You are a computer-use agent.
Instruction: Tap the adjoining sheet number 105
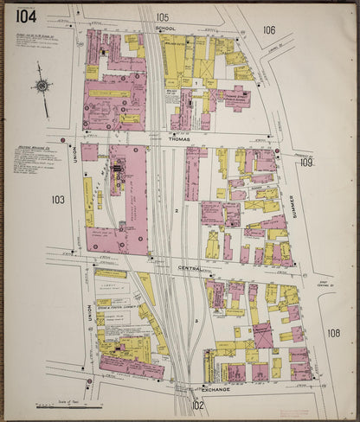[x=163, y=17]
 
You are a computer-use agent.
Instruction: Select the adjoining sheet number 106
[x=269, y=30]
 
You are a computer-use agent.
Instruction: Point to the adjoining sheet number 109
[x=306, y=163]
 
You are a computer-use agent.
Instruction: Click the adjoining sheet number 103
[x=58, y=200]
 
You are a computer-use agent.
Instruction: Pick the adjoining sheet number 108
[x=333, y=332]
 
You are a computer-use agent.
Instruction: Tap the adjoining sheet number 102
[x=197, y=405]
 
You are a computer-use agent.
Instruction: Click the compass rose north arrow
[x=42, y=85]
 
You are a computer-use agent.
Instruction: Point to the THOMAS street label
[x=180, y=137]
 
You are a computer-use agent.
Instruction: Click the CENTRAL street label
[x=190, y=268]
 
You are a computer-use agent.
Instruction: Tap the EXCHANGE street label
[x=216, y=389]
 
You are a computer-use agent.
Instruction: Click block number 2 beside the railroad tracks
[x=176, y=209]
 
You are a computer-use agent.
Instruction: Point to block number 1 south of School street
[x=197, y=82]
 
